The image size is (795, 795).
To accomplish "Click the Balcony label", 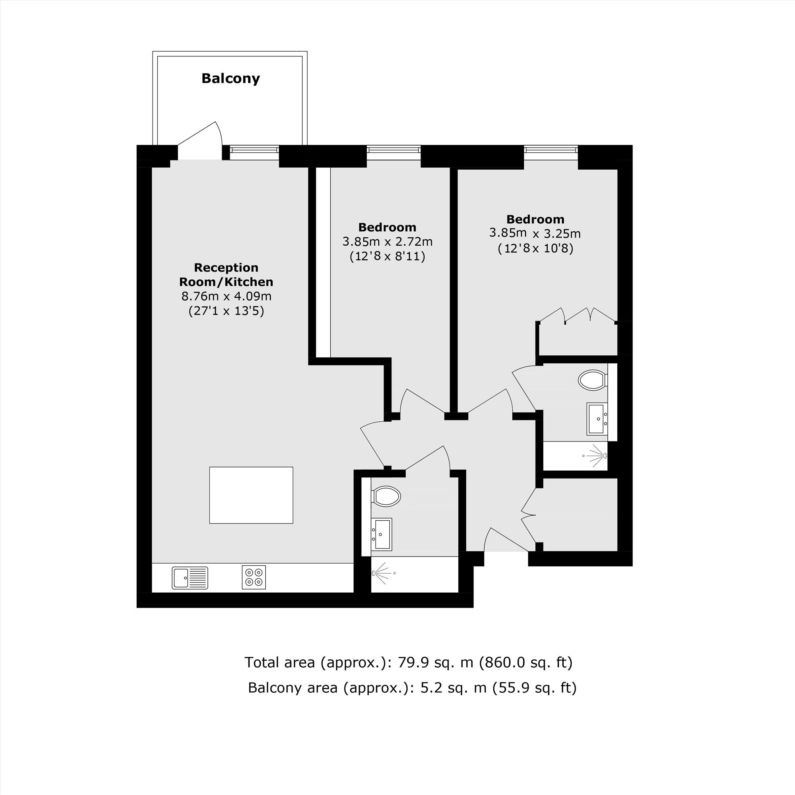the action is [231, 78].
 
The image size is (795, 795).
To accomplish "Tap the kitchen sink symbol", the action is [190, 578].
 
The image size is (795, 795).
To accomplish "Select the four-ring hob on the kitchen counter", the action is [254, 577].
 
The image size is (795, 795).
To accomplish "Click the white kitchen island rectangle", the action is [251, 495].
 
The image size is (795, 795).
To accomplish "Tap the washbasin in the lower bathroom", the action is [382, 534].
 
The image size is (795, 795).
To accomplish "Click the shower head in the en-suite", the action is [596, 456].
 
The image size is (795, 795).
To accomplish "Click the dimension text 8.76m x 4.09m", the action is [226, 296].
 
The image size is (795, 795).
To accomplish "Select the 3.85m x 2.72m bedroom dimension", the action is [387, 242].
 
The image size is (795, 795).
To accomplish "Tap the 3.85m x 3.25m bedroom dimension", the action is [535, 233].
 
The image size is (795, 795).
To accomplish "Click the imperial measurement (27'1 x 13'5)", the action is [226, 311].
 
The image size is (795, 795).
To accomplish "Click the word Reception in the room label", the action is [226, 268].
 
